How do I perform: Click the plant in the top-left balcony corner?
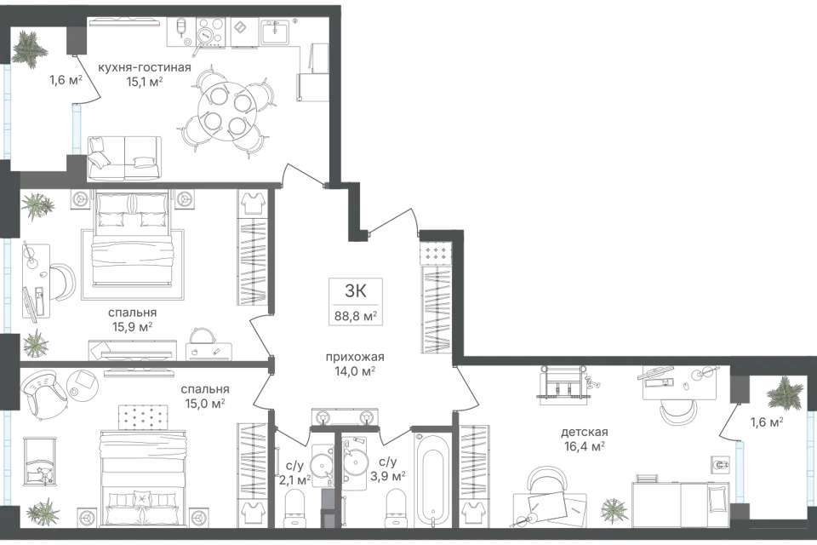(30, 49)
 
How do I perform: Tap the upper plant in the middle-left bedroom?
(36, 205)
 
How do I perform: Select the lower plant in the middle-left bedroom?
(36, 343)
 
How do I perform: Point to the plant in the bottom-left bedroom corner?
(44, 511)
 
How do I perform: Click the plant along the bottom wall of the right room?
(612, 510)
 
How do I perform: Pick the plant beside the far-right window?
(784, 394)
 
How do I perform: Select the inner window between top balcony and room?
(76, 129)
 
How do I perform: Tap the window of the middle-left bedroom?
(8, 285)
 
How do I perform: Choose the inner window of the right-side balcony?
(741, 468)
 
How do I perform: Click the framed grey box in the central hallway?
(357, 299)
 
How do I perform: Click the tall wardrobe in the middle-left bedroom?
(251, 247)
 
